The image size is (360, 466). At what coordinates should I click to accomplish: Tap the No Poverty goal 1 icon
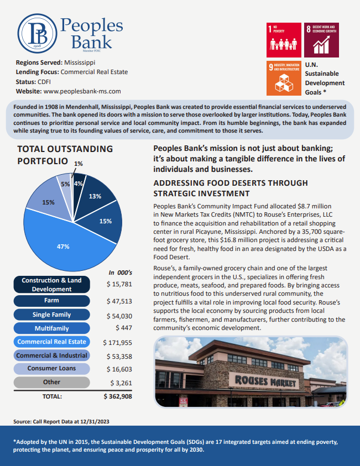pyautogui.click(x=284, y=40)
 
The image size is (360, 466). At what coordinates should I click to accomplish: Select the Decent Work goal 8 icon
pyautogui.click(x=322, y=40)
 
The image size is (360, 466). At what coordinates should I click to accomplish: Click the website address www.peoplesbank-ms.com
pyautogui.click(x=82, y=91)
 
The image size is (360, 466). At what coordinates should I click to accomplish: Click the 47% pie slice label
pyautogui.click(x=63, y=247)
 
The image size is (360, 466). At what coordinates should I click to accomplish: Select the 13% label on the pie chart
pyautogui.click(x=95, y=196)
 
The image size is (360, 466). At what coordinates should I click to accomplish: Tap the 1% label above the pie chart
pyautogui.click(x=79, y=164)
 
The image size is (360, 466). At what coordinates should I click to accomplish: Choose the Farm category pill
pyautogui.click(x=51, y=301)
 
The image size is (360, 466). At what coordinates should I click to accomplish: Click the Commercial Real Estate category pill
pyautogui.click(x=51, y=342)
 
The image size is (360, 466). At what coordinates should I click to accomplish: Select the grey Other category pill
pyautogui.click(x=51, y=382)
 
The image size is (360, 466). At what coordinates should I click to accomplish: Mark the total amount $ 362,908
pyautogui.click(x=118, y=396)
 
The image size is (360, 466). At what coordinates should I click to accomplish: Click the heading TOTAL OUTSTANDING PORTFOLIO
pyautogui.click(x=65, y=155)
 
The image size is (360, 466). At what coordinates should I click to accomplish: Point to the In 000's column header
pyautogui.click(x=120, y=273)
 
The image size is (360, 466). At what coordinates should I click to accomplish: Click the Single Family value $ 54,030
pyautogui.click(x=118, y=315)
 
